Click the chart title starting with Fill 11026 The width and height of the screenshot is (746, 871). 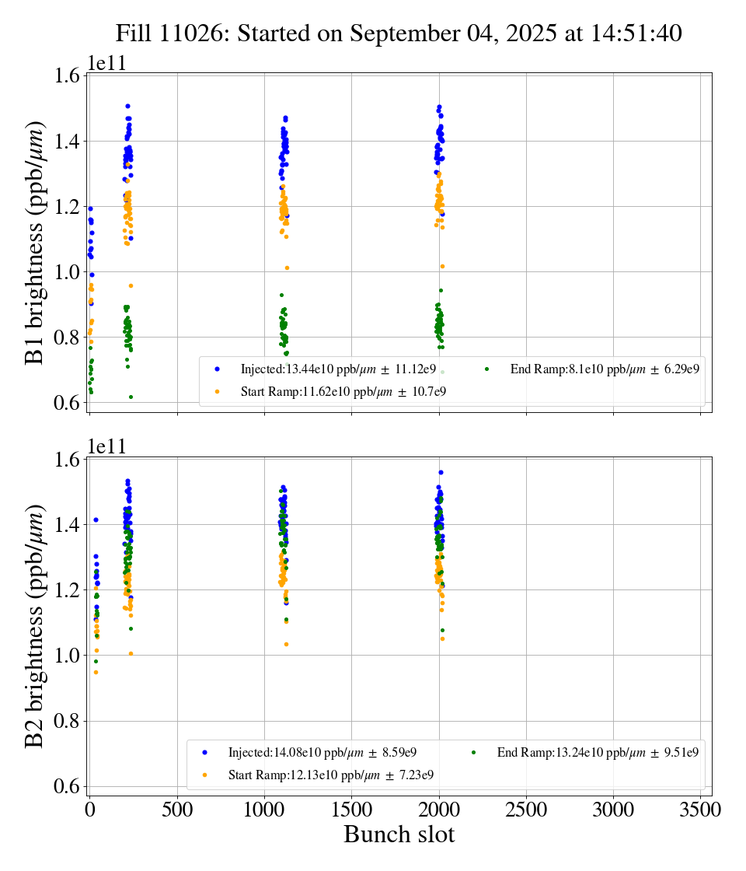[399, 33]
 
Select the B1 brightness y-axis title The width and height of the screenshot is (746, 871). [35, 243]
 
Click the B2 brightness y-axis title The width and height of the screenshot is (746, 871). [35, 626]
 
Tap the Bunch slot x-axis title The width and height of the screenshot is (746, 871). [399, 834]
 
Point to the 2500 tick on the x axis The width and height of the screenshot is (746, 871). [527, 810]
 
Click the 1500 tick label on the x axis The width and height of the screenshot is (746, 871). [352, 810]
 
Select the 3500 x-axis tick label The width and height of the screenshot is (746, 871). [701, 810]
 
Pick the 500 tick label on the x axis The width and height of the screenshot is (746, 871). [177, 810]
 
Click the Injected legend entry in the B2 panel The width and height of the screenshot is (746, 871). [322, 752]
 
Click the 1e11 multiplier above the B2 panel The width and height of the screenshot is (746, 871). [106, 447]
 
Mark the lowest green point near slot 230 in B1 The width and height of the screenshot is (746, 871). [131, 397]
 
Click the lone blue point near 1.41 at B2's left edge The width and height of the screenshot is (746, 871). [96, 519]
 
